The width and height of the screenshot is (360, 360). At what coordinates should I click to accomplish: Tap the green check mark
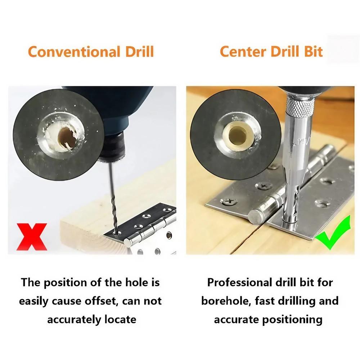333,234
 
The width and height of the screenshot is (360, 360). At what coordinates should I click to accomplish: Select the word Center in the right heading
243,52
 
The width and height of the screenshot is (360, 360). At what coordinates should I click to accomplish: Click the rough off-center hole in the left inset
66,138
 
